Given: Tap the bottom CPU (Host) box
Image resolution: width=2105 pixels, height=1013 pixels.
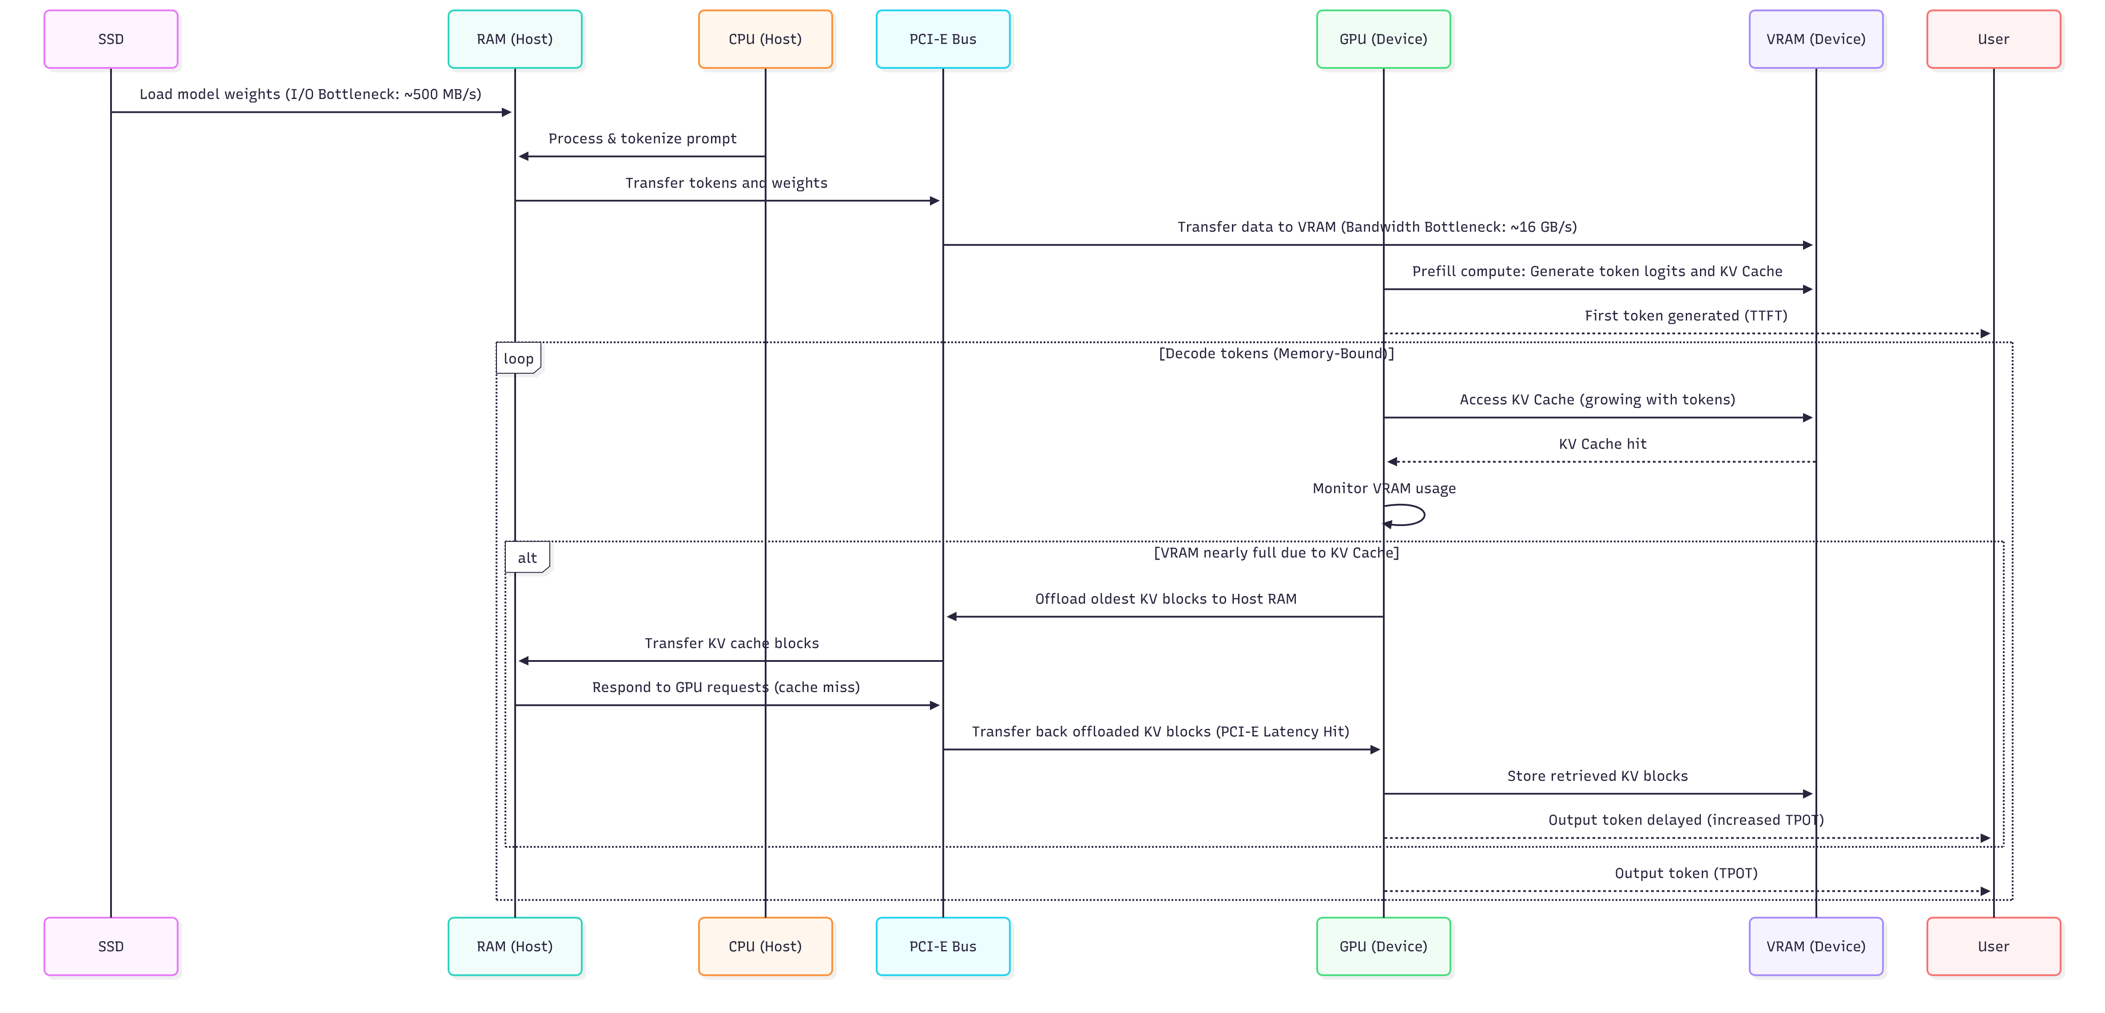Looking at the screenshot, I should point(765,946).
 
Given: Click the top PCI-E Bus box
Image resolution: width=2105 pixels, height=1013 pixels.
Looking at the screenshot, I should point(942,39).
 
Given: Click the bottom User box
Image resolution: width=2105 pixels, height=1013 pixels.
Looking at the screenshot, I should point(1993,946).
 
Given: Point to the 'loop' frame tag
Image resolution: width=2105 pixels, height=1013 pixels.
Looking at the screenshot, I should point(518,359).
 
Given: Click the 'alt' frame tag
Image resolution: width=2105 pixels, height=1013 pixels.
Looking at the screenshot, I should point(527,558).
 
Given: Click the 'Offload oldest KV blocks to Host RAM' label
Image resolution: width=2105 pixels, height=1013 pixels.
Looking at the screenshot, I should point(1165,599).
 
